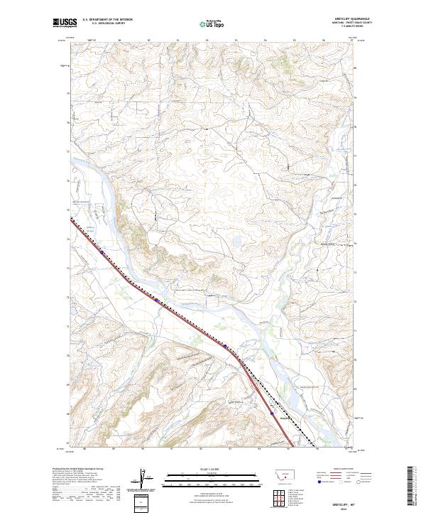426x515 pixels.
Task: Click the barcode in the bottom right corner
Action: pyautogui.click(x=410, y=485)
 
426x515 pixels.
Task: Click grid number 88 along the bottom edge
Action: pyautogui.click(x=84, y=449)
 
